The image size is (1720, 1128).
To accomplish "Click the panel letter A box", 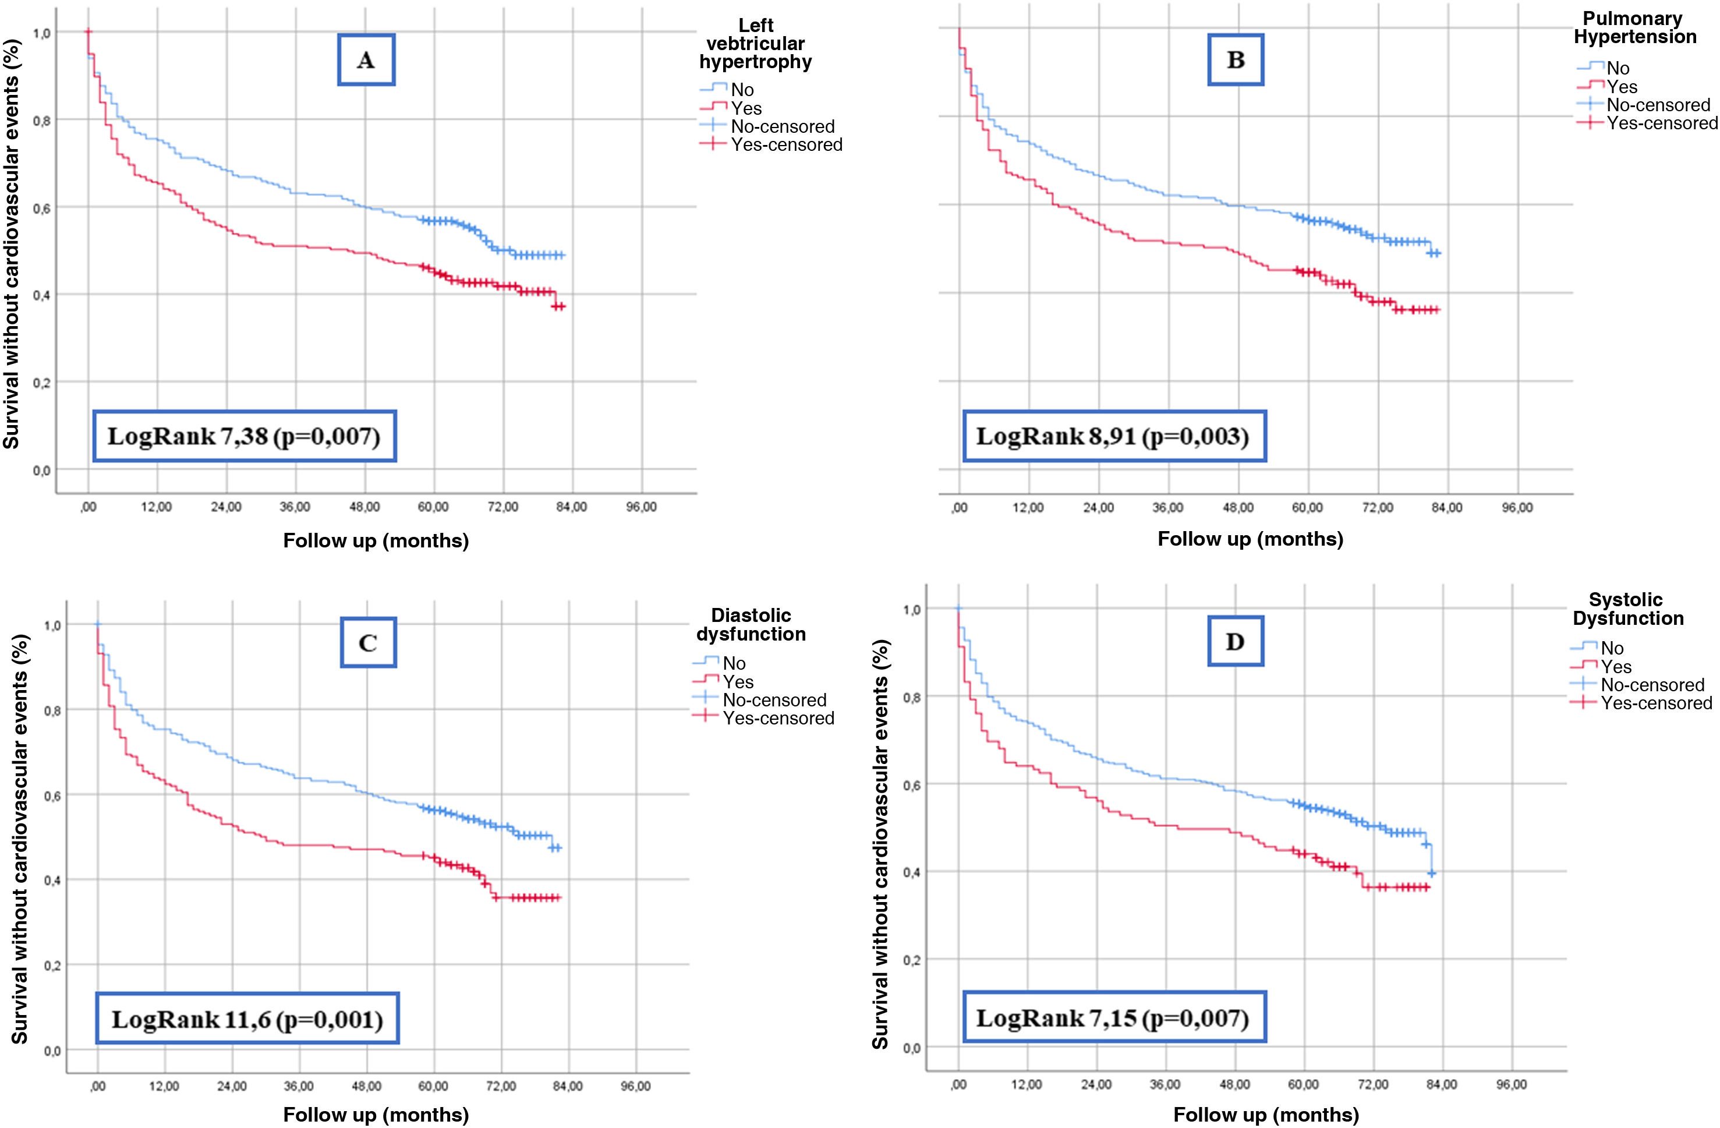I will point(366,60).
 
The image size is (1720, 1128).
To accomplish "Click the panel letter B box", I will point(1235,60).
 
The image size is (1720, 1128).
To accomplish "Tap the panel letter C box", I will point(368,642).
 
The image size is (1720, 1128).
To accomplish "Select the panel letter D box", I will point(1235,641).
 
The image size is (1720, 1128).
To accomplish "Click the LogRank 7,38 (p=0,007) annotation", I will point(245,436).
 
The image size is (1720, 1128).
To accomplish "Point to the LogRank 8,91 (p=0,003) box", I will point(1114,436).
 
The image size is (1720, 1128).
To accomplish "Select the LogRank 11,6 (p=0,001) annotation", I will point(247,1019).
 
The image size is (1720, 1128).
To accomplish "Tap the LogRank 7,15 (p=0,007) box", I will point(1114,1018).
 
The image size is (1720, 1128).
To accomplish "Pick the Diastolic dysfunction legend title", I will point(751,624).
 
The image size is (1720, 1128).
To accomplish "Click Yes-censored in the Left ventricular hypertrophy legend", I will point(786,144).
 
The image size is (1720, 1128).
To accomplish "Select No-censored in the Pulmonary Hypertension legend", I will point(1658,105).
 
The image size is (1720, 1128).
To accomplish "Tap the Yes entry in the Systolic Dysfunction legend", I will point(1616,666).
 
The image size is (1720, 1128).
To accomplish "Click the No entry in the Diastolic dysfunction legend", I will point(734,663).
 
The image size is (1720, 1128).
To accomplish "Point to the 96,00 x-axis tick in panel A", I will point(641,507).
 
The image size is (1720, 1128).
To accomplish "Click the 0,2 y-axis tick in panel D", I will point(911,960).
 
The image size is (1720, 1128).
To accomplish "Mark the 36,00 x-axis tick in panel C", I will point(299,1086).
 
